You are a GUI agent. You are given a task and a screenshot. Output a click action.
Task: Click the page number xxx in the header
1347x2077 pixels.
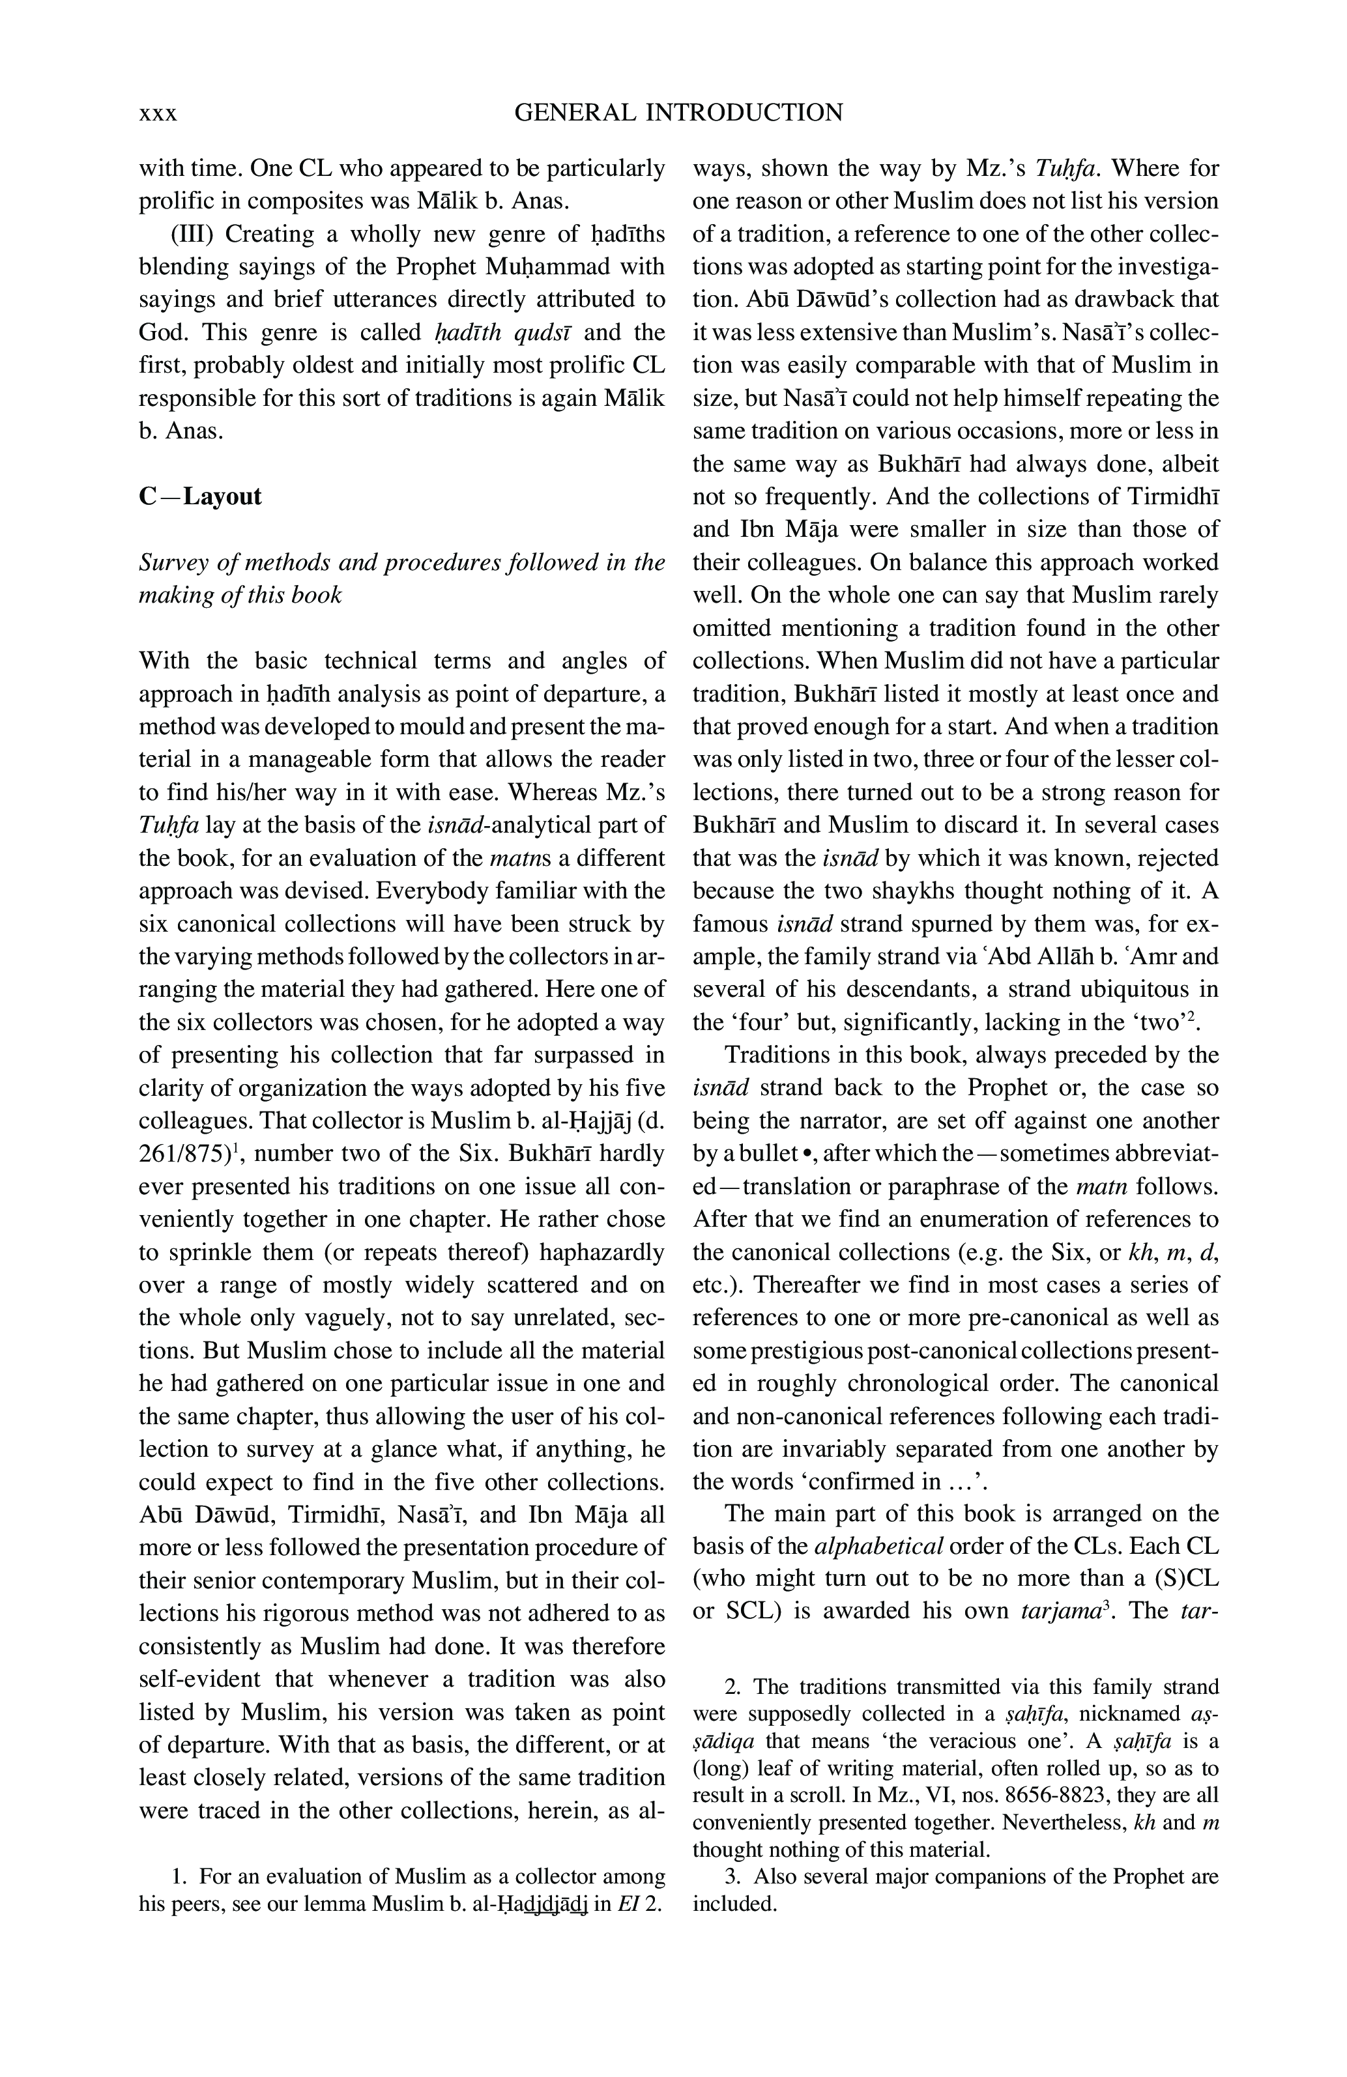(x=158, y=114)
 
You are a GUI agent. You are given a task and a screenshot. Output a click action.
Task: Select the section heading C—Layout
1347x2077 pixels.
(x=200, y=496)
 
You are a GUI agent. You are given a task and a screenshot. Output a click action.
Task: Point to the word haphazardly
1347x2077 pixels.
(x=601, y=1252)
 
